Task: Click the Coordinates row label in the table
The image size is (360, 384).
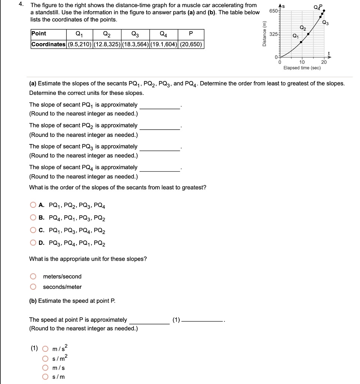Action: (48, 44)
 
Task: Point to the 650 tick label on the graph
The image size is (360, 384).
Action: (274, 10)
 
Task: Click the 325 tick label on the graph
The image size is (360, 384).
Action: (274, 34)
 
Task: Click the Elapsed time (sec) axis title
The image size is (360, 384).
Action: (302, 68)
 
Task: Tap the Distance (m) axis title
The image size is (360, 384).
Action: (264, 34)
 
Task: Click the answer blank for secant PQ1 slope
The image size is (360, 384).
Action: (160, 105)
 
